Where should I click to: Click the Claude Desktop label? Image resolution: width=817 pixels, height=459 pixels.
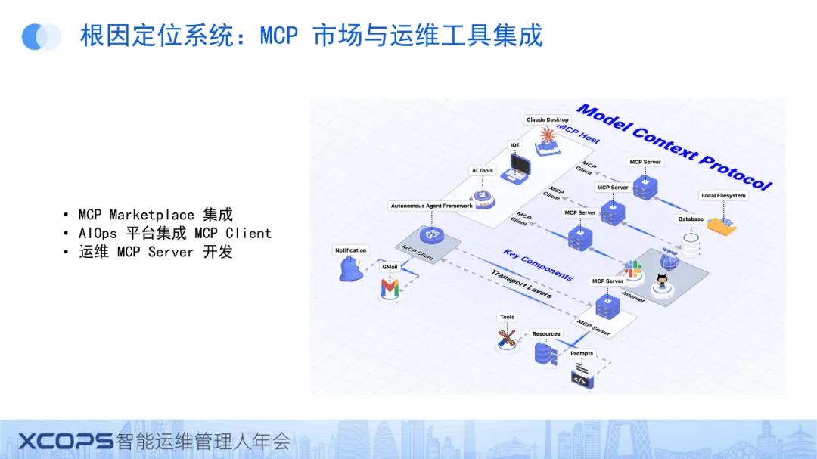coord(547,120)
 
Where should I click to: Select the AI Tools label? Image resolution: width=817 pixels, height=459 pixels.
coord(482,171)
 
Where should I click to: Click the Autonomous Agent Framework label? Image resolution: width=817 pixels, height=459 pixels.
coord(431,206)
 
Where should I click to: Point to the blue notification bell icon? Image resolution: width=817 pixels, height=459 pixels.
coord(350,268)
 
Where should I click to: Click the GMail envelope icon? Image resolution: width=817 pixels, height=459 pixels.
coord(390,288)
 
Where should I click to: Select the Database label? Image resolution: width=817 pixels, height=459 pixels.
coord(691,219)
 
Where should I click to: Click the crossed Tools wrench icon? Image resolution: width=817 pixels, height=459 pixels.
coord(507,337)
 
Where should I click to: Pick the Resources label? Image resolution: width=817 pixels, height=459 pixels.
coord(546,333)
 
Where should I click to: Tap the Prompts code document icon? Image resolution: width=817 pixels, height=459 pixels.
coord(580,375)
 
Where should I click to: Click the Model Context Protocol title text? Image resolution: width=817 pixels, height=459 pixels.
coord(674,148)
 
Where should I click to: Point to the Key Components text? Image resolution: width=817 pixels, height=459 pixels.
coord(538,265)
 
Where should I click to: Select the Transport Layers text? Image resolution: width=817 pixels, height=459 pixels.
coord(521,284)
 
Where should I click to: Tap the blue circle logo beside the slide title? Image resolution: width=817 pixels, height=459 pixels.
coord(41,36)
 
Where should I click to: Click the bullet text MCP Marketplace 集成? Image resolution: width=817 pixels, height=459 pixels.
coord(156,215)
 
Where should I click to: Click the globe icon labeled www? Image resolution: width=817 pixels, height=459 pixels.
coord(669,262)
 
